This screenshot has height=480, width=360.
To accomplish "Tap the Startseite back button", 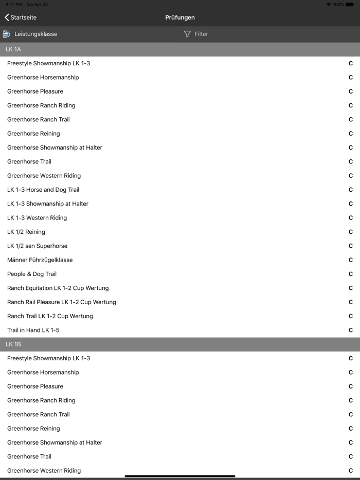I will coord(21,17).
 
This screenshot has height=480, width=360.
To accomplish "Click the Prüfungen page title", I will coord(180,17).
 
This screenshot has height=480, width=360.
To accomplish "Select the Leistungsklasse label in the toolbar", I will coord(35,34).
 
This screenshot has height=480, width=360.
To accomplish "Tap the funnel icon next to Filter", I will coord(187,34).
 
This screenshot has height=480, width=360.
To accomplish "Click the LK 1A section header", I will coord(13,49).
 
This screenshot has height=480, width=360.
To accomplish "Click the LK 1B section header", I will coord(13,344).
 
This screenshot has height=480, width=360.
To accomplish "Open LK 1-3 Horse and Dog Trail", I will coord(43,190).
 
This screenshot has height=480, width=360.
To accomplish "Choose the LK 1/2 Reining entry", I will coord(26,232).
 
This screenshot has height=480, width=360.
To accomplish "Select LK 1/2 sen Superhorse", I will coord(37,246).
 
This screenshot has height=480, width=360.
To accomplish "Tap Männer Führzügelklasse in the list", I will coord(40,260).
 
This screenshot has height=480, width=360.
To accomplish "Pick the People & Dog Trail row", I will coord(32,274).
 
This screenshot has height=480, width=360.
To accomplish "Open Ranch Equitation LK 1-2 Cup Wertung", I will coord(58,288).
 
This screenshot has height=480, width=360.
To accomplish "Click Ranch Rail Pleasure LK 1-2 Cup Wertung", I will coord(62,302).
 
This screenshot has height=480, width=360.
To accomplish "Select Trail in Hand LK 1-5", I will coord(33,330).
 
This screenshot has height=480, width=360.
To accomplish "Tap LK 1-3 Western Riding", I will coord(37,218).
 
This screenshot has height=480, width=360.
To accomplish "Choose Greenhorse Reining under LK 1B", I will coord(33,429).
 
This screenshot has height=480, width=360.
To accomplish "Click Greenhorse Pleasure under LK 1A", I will coord(35,91).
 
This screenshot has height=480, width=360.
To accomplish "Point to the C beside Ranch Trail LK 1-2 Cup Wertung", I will coord(351,316).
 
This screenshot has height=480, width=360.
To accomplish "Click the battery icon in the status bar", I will coord(350,4).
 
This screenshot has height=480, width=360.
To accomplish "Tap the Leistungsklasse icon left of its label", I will coord(7,34).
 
